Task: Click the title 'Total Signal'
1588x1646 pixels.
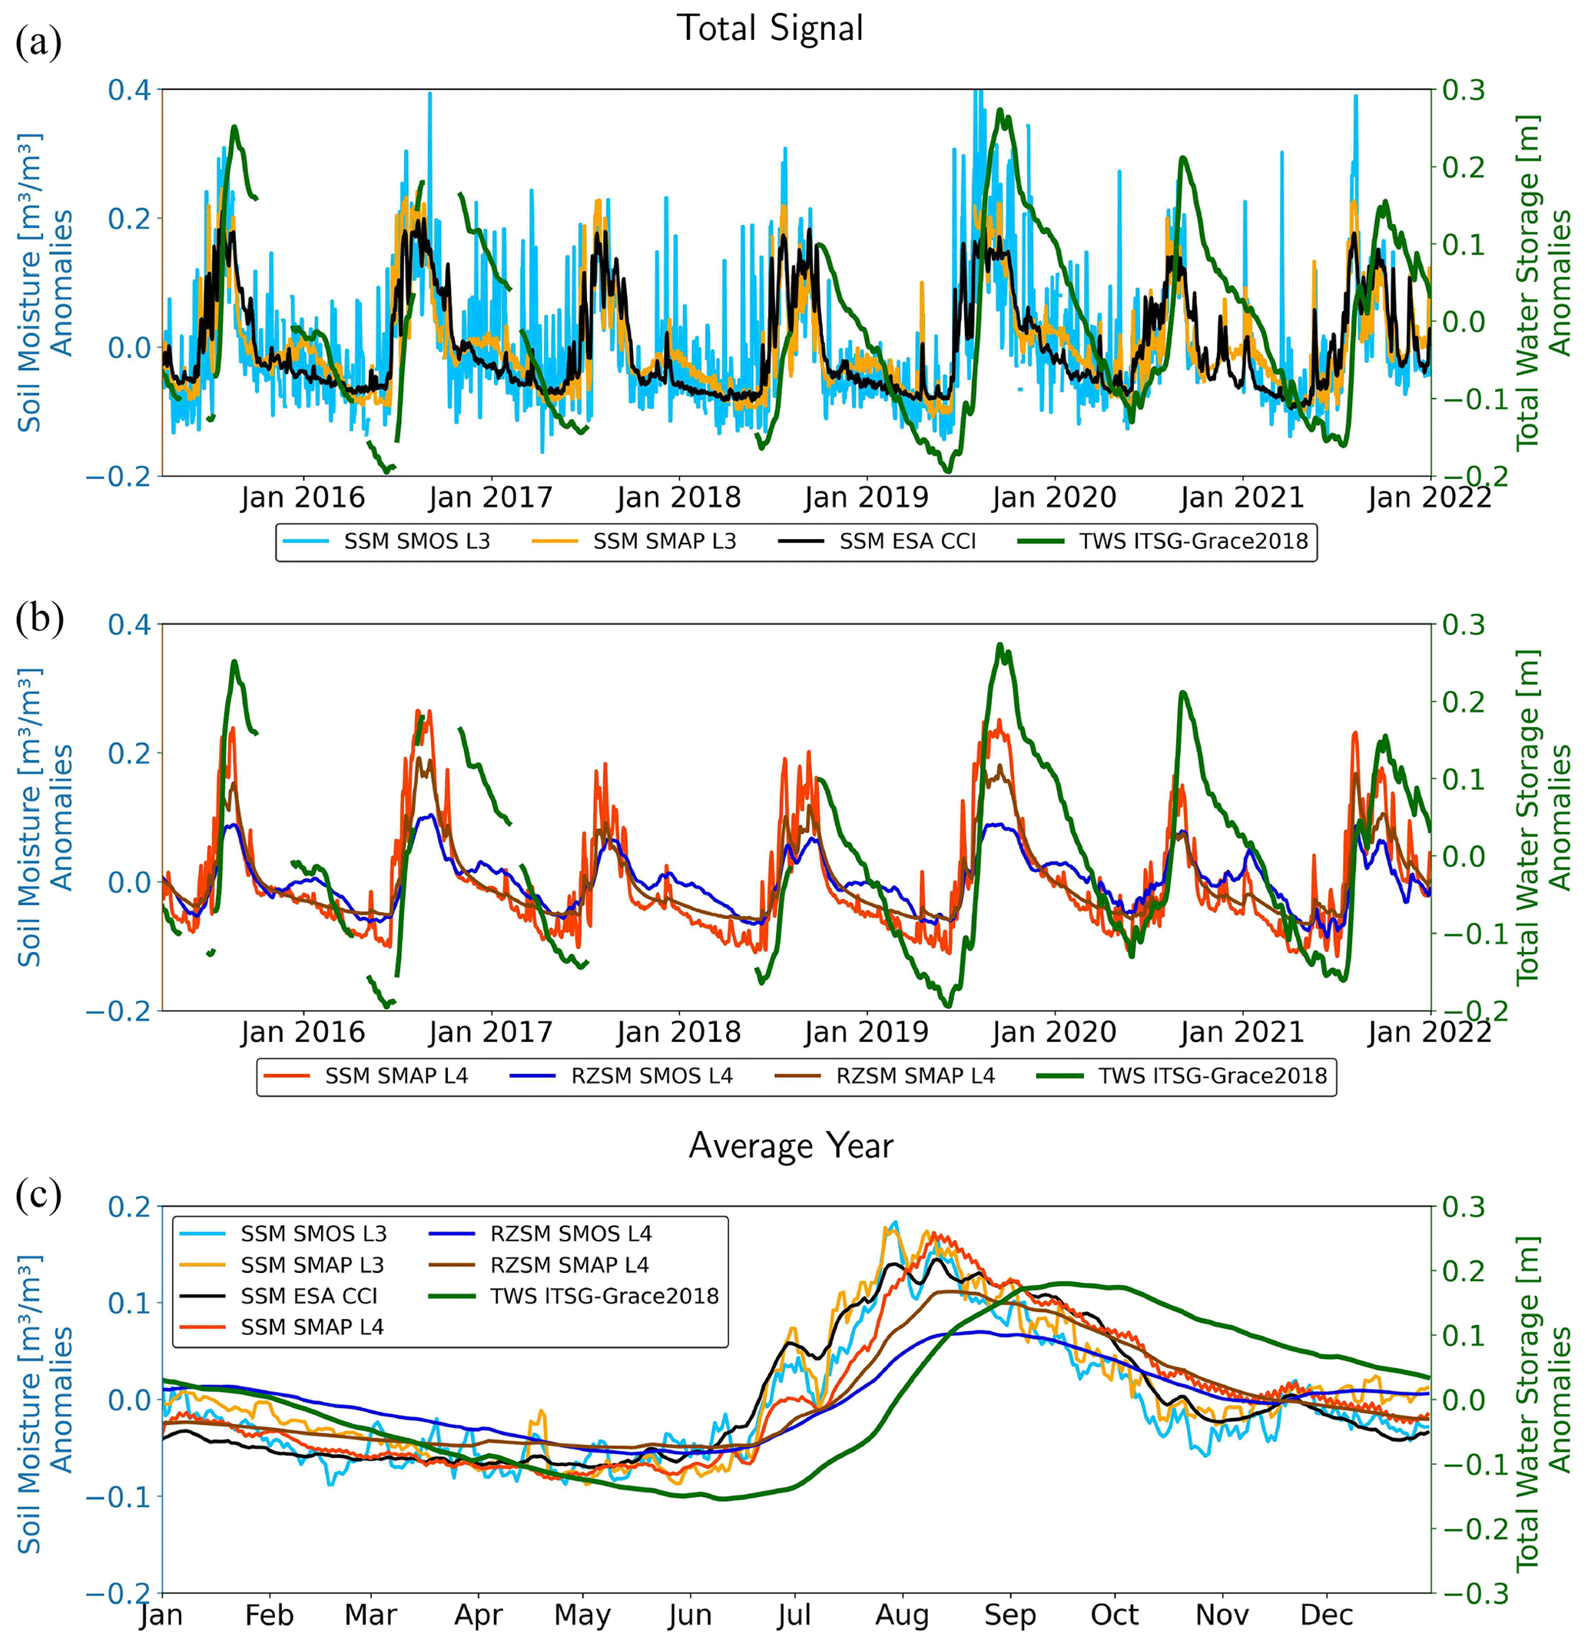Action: [x=770, y=28]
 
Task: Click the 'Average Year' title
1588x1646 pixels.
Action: [x=791, y=1146]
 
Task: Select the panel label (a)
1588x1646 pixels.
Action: [x=38, y=43]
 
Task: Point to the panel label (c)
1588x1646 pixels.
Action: [x=38, y=1195]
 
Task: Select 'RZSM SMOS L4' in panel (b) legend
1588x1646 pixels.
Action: [x=651, y=1076]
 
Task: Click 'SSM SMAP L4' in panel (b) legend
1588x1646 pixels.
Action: [x=396, y=1076]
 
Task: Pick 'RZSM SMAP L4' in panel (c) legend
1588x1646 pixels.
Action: [x=569, y=1264]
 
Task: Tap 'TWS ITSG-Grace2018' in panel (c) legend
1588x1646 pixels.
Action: [x=604, y=1296]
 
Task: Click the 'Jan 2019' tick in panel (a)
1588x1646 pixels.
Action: [x=867, y=498]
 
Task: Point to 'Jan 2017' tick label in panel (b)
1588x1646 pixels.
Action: [x=490, y=1032]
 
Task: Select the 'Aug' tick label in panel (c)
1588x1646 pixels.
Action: [x=903, y=1615]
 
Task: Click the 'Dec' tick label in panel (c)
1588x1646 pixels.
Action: [x=1327, y=1615]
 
